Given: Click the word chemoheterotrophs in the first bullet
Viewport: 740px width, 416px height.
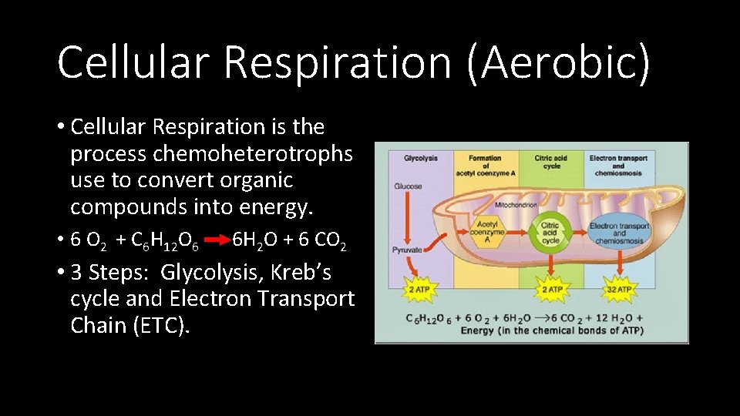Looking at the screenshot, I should coord(253,153).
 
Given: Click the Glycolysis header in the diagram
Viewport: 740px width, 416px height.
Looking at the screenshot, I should coord(421,159).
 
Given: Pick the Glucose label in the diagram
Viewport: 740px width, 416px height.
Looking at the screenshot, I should coord(408,186).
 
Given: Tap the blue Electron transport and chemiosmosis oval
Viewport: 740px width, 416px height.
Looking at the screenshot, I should coord(619,232).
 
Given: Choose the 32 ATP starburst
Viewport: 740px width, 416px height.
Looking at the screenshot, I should coord(619,289).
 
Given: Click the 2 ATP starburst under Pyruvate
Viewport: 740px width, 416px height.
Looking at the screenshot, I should coord(419,289).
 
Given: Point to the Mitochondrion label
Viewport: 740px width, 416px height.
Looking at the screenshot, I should coord(516,205).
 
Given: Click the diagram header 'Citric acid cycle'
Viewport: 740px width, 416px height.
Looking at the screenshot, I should coord(552,162).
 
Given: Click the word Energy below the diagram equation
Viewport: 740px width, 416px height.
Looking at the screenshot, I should coord(477,331).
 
